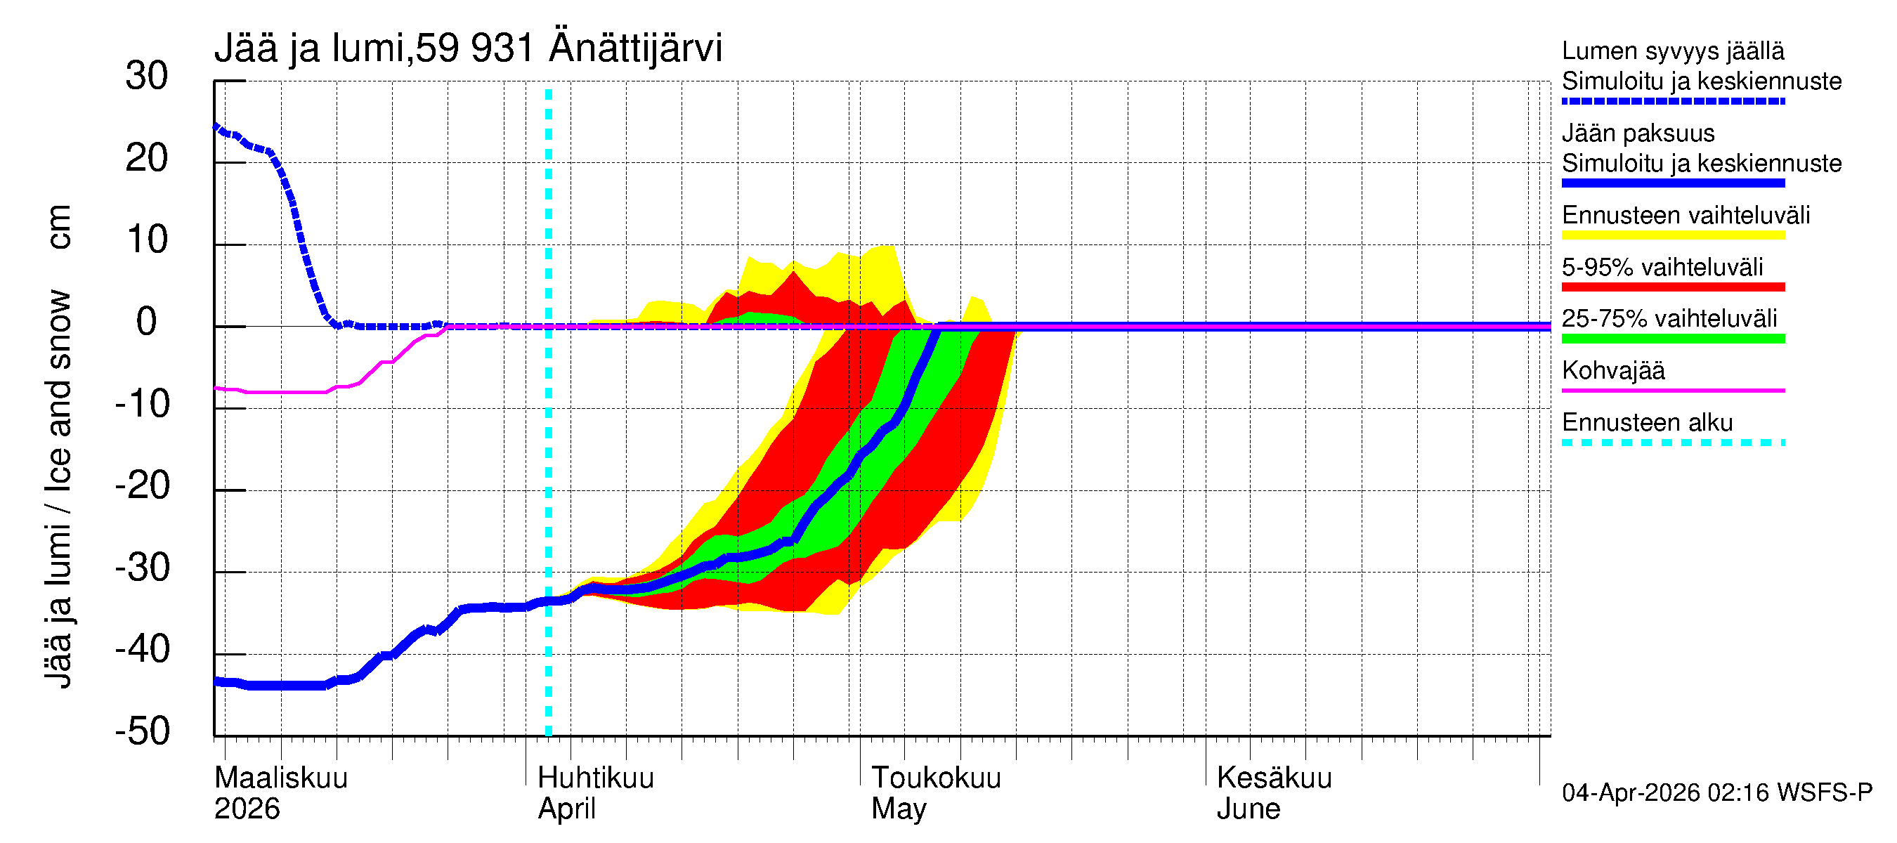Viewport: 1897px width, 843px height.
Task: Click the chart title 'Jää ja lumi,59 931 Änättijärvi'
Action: click(469, 48)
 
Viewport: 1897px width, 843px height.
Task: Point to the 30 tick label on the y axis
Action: click(147, 76)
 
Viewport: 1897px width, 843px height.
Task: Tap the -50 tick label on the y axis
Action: click(143, 731)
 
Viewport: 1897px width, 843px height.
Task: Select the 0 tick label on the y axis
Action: click(147, 322)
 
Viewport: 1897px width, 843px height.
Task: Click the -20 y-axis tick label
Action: click(143, 485)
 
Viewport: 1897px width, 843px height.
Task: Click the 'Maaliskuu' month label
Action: click(280, 778)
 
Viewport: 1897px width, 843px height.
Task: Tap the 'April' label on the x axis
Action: click(566, 809)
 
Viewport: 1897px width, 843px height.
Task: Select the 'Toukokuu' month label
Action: click(936, 778)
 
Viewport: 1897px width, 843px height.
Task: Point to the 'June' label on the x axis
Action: click(1249, 809)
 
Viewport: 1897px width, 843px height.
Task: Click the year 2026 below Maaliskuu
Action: click(247, 809)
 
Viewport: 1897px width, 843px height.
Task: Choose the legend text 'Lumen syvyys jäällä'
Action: click(1673, 51)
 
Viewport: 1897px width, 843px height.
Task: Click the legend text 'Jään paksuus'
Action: click(1638, 133)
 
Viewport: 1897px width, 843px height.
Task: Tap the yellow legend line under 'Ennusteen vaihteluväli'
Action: click(1673, 235)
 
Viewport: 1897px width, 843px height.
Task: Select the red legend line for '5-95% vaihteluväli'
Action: click(1673, 287)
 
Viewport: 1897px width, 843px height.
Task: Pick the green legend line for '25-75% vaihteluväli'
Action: click(1673, 339)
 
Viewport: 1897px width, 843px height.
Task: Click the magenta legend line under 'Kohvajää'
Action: click(1673, 390)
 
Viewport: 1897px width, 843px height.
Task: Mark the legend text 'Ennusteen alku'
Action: click(1648, 423)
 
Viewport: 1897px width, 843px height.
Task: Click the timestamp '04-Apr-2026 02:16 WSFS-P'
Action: click(1716, 792)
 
